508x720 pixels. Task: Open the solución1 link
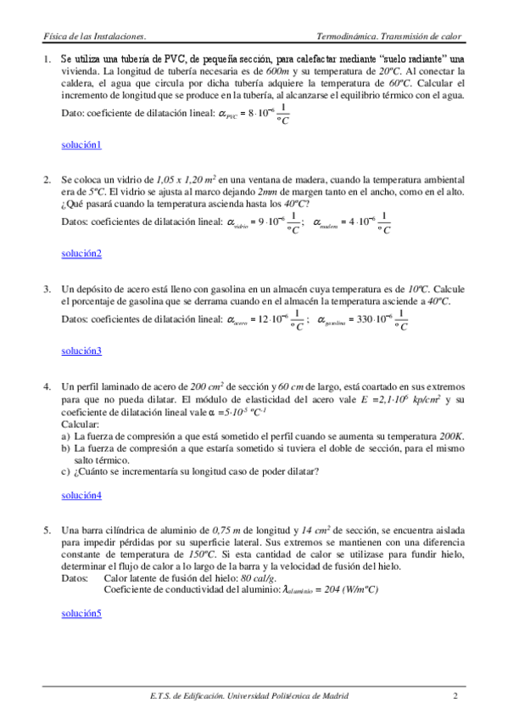pyautogui.click(x=81, y=144)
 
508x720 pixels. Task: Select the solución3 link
pyautogui.click(x=81, y=351)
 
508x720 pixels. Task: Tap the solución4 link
pyautogui.click(x=81, y=495)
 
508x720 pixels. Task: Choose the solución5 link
pyautogui.click(x=81, y=612)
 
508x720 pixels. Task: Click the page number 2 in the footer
pyautogui.click(x=455, y=697)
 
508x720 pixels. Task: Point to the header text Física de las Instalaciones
pyautogui.click(x=94, y=37)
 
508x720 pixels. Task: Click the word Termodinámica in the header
pyautogui.click(x=344, y=37)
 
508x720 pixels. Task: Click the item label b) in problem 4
pyautogui.click(x=66, y=447)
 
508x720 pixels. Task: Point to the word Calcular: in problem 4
pyautogui.click(x=81, y=423)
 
